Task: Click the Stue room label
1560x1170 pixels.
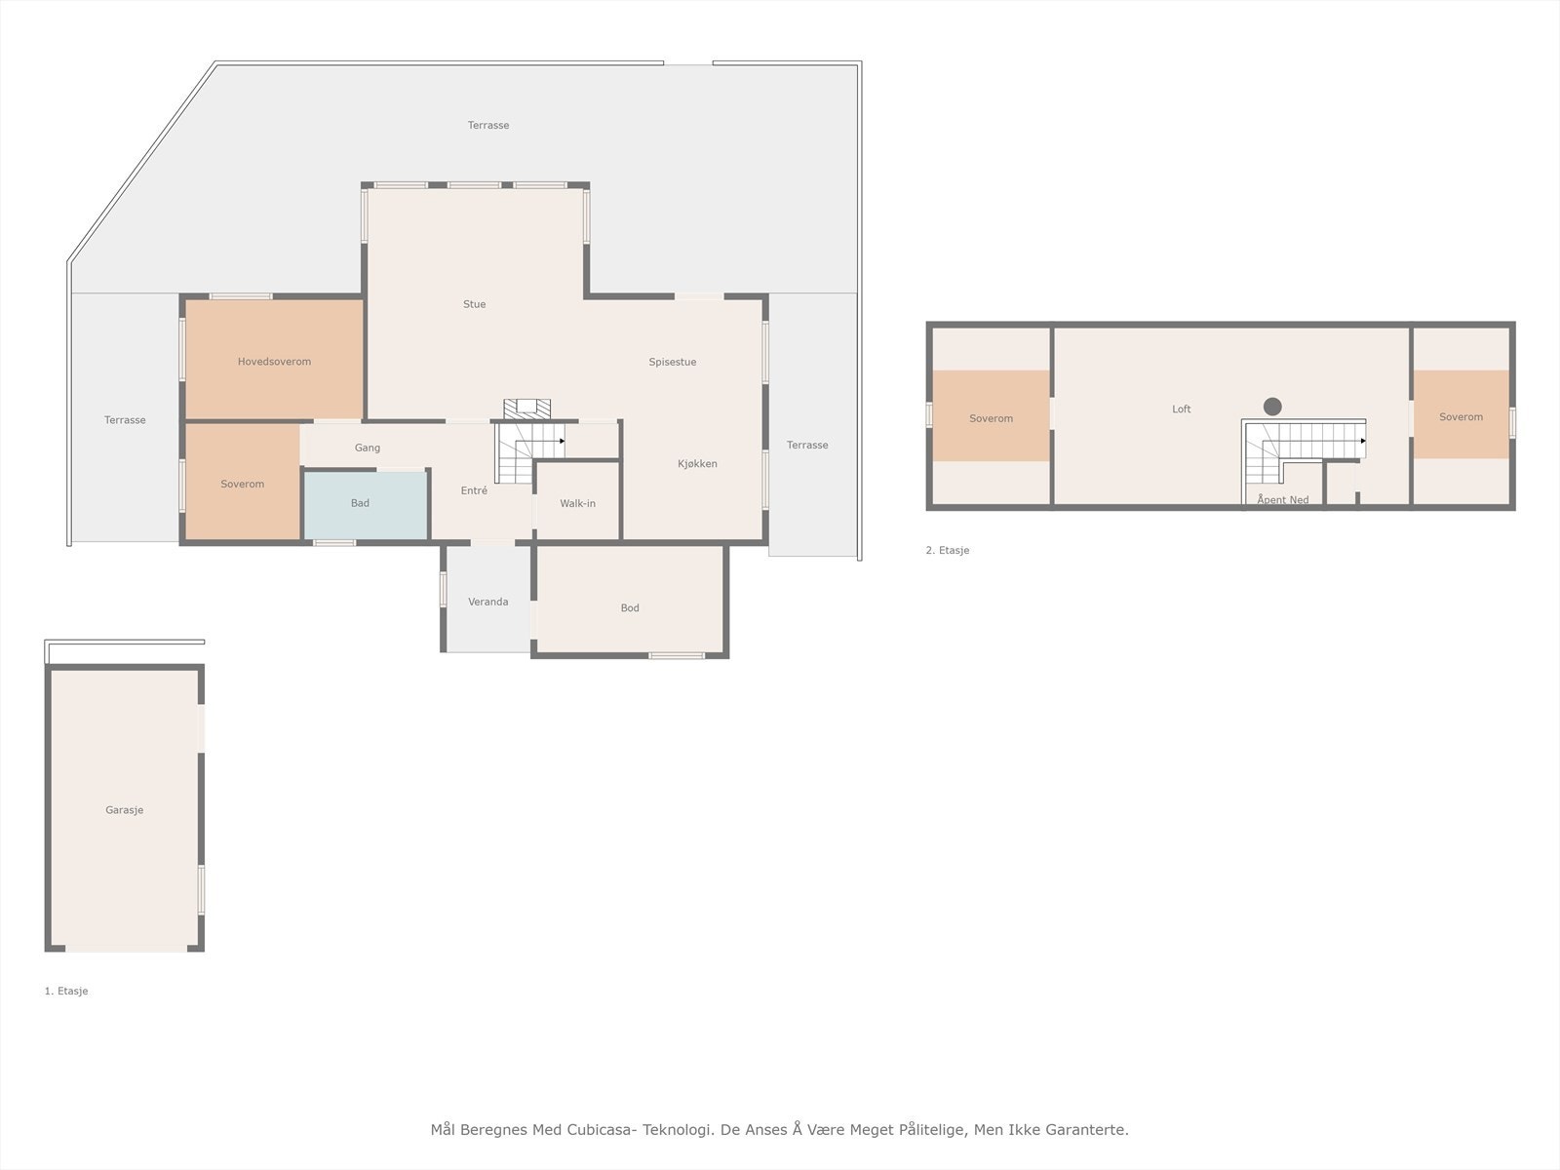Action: coord(474,304)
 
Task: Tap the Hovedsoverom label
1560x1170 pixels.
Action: coord(274,362)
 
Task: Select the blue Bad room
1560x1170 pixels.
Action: coord(366,504)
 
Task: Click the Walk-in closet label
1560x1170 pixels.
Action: coord(577,504)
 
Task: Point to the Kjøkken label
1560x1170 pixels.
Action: coord(697,464)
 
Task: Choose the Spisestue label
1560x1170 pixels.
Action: coord(673,363)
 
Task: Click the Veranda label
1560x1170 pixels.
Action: coord(487,602)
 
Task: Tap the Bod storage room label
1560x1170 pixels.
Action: coord(630,608)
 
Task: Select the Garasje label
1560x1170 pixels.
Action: coord(125,810)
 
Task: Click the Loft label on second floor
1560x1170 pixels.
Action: coord(1181,409)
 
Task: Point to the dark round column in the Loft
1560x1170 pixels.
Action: coord(1272,407)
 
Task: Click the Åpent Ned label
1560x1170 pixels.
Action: coord(1283,499)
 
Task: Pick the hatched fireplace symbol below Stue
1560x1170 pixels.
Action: coord(526,409)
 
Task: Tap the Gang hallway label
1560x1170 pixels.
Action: coord(368,448)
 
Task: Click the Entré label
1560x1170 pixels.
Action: coord(474,490)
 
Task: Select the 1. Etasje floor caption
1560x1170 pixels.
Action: coord(66,991)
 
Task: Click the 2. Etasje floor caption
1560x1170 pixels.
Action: coord(948,550)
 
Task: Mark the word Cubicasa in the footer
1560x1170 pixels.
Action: coord(602,1129)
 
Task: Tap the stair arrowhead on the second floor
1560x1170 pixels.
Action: coord(1363,441)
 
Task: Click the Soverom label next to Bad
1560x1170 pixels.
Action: coord(243,484)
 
